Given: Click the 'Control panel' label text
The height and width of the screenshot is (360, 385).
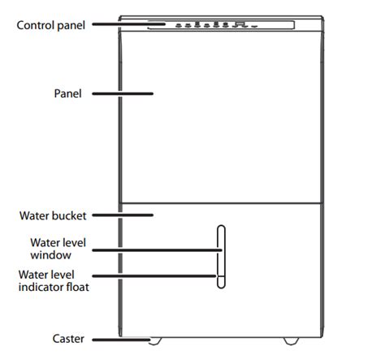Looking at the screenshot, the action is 51,25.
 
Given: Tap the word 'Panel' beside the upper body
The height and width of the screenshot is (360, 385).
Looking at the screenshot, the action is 67,93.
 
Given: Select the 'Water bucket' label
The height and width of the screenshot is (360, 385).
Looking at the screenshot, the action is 53,215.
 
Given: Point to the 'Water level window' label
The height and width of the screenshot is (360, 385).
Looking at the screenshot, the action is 58,249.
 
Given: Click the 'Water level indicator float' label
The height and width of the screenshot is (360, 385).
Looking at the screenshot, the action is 54,281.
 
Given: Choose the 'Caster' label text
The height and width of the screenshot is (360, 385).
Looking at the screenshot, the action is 68,339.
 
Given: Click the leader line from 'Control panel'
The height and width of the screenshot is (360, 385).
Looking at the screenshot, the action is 128,24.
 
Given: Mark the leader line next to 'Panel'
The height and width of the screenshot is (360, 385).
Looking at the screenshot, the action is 123,93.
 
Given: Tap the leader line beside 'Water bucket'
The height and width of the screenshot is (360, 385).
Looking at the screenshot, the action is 123,215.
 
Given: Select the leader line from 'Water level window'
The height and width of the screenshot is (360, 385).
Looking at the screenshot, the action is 157,250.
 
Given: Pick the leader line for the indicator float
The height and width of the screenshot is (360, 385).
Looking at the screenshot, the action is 154,276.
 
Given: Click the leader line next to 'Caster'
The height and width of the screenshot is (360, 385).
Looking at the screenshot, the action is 121,340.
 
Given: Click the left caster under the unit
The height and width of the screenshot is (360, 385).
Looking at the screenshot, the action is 155,341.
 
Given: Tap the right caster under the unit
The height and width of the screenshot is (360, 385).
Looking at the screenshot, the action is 291,341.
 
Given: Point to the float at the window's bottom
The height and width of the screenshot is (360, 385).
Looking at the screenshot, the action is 221,282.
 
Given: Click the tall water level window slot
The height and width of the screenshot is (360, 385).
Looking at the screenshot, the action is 221,257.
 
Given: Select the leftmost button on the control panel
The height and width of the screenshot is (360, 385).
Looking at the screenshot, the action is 179,26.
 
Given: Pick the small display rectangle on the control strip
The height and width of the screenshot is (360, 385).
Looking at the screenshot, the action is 240,24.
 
